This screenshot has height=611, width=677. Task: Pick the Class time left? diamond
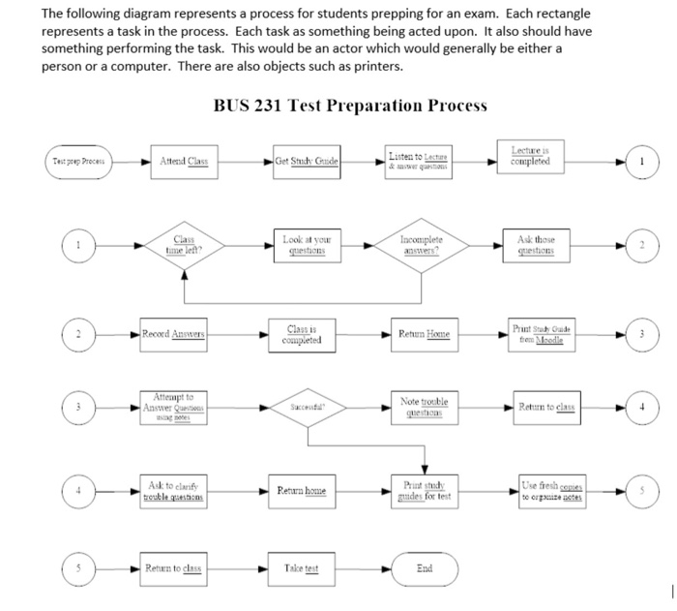click(184, 246)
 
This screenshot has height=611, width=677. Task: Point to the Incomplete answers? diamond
click(421, 246)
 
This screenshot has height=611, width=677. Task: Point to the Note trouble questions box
click(421, 408)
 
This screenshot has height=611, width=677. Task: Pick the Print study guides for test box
click(421, 492)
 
